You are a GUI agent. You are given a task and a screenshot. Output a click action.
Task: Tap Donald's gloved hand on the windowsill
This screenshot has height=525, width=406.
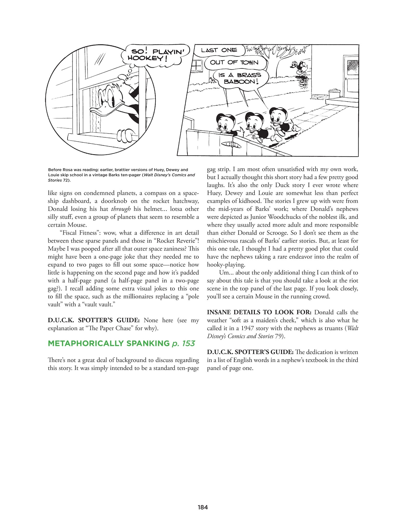tap(125, 135)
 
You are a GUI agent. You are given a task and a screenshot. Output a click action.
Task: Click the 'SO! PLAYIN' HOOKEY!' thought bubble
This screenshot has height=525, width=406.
tap(155, 55)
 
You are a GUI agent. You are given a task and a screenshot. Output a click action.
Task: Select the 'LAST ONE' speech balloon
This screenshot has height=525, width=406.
tap(219, 50)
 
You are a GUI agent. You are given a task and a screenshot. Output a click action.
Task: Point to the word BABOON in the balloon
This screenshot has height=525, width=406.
tap(240, 82)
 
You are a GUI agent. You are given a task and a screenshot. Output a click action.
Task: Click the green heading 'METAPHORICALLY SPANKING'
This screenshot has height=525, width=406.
tap(109, 343)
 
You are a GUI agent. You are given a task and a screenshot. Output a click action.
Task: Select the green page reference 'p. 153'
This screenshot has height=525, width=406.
tap(183, 343)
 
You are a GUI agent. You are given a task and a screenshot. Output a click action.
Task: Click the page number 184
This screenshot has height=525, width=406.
tap(203, 507)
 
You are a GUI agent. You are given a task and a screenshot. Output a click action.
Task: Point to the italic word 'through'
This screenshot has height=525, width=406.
tap(121, 209)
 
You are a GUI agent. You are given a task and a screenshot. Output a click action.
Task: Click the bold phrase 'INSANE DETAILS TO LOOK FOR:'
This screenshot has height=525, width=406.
tap(259, 312)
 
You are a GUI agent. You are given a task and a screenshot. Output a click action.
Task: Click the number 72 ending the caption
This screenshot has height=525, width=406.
tap(65, 180)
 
